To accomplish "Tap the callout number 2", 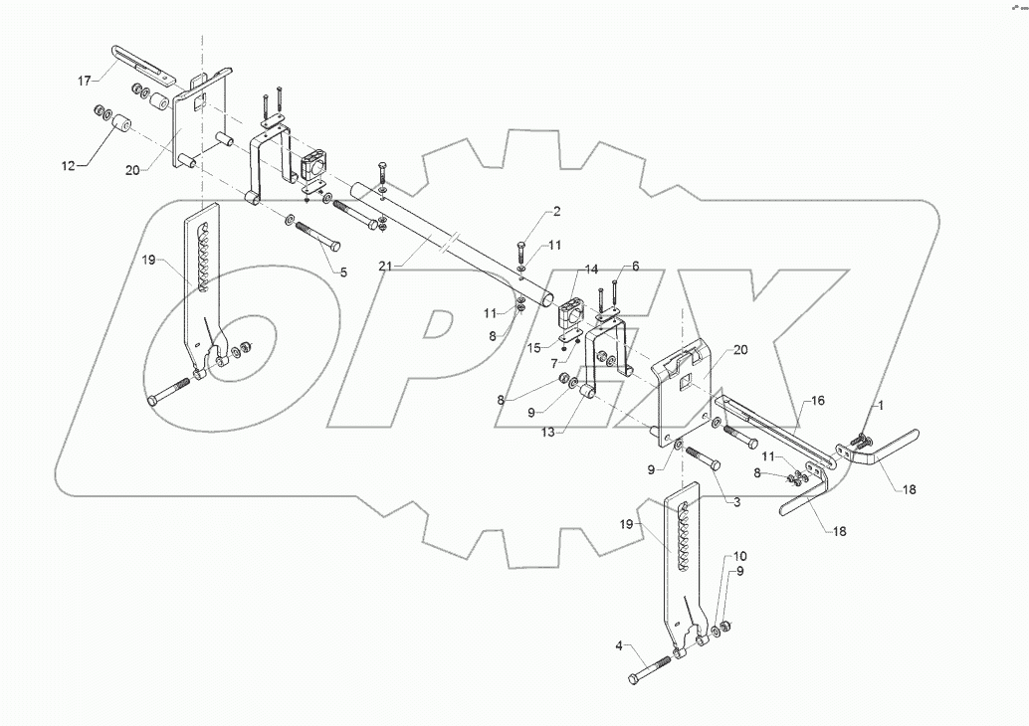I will [557, 211].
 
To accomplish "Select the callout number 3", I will [736, 503].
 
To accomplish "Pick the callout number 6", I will [636, 268].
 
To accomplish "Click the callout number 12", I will [68, 165].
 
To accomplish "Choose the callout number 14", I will [591, 270].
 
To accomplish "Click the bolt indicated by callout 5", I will [317, 237].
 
